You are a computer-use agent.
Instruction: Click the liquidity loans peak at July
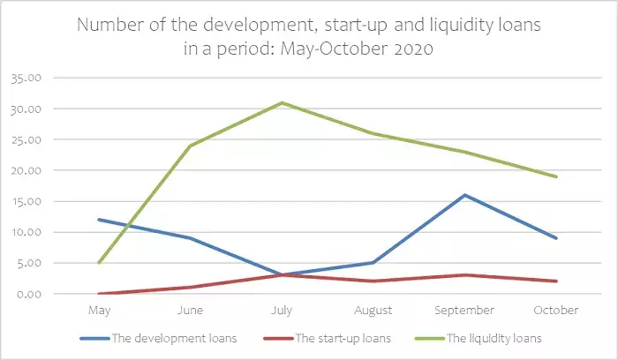pos(282,102)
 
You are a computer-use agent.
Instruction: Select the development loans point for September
pos(464,195)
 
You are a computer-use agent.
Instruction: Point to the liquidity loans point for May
pos(99,262)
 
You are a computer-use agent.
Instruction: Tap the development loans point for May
pos(99,220)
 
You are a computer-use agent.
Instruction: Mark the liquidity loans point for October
pos(556,176)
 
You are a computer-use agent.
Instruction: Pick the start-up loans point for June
pos(190,287)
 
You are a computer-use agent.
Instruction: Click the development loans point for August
pos(373,262)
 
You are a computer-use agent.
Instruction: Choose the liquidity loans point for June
pos(190,146)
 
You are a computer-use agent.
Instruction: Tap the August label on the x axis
pos(373,311)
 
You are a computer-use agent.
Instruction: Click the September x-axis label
pos(464,311)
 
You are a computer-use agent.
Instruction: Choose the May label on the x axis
pos(99,311)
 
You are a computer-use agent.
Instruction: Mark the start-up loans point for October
pos(556,281)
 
